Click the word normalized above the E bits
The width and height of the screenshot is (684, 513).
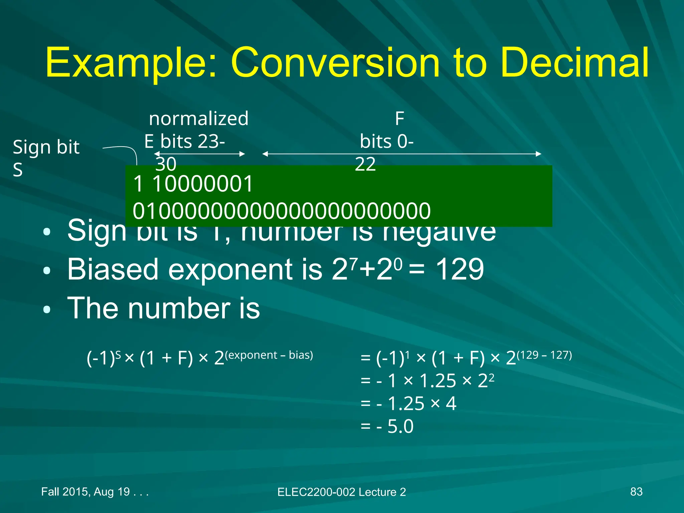click(199, 119)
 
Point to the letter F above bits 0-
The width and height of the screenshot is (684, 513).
click(399, 119)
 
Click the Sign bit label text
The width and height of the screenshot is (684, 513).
click(46, 147)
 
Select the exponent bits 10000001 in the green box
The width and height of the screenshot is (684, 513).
click(202, 184)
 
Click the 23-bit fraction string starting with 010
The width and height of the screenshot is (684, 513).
click(282, 211)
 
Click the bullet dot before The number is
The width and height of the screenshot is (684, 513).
click(47, 310)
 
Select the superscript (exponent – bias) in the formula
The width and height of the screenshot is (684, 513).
click(269, 355)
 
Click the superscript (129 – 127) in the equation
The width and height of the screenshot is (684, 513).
click(544, 355)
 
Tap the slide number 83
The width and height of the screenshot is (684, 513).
click(636, 492)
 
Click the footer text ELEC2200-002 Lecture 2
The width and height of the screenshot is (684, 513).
click(342, 492)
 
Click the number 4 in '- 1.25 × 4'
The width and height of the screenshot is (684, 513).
click(451, 403)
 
